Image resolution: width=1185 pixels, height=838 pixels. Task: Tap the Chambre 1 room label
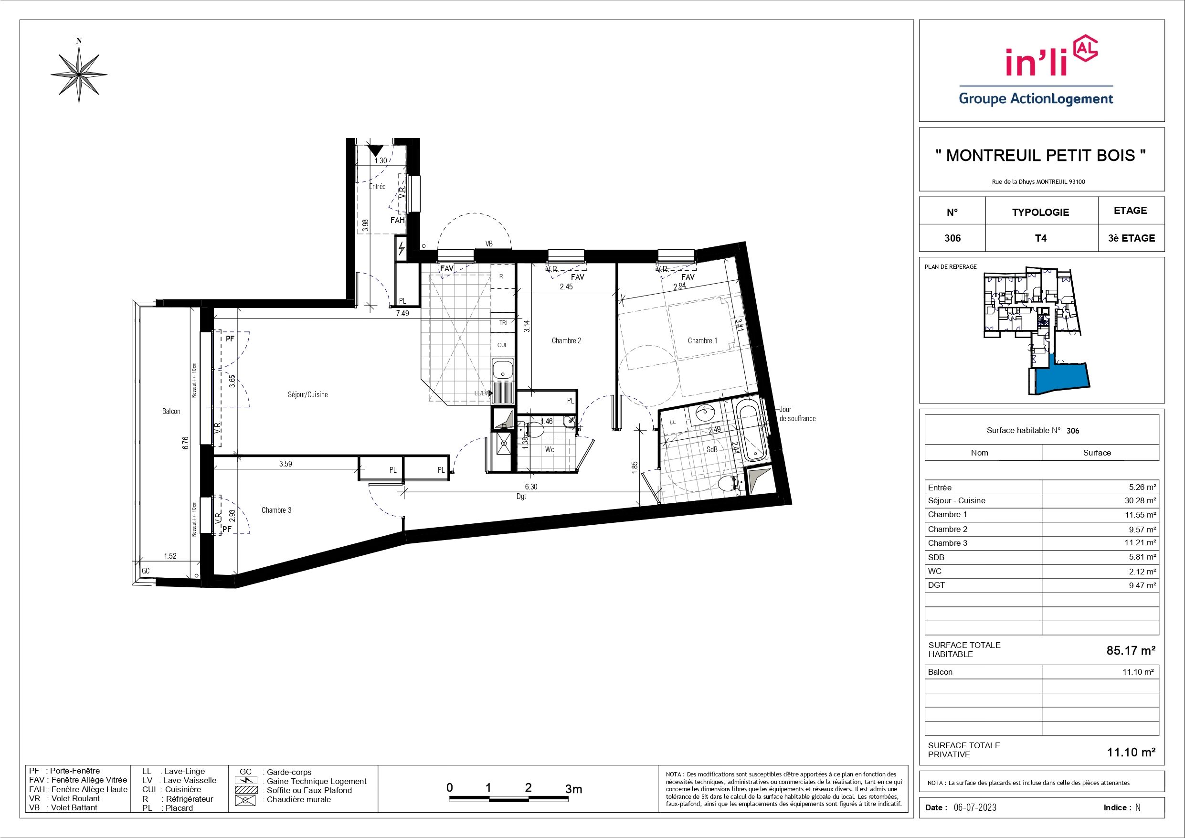pyautogui.click(x=702, y=341)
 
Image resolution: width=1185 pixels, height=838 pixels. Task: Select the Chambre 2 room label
pyautogui.click(x=566, y=341)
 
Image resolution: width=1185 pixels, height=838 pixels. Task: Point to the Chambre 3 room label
pyautogui.click(x=276, y=510)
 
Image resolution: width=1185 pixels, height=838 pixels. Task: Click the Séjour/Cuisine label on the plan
pyautogui.click(x=307, y=394)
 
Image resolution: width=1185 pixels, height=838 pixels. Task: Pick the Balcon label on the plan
pyautogui.click(x=171, y=412)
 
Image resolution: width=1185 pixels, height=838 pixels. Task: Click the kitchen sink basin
pyautogui.click(x=502, y=370)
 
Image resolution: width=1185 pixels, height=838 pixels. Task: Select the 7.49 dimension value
pyautogui.click(x=402, y=313)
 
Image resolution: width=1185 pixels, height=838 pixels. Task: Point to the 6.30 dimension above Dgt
pyautogui.click(x=531, y=487)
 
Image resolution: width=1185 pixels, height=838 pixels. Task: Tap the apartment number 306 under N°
pyautogui.click(x=952, y=238)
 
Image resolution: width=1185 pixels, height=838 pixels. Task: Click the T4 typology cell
pyautogui.click(x=1041, y=238)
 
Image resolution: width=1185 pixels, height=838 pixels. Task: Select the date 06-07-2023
pyautogui.click(x=975, y=807)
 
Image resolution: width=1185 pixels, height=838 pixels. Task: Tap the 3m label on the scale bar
pyautogui.click(x=573, y=789)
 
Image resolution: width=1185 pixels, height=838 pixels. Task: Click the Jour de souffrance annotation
pyautogui.click(x=797, y=414)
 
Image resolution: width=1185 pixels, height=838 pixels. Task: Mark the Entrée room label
pyautogui.click(x=377, y=186)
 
